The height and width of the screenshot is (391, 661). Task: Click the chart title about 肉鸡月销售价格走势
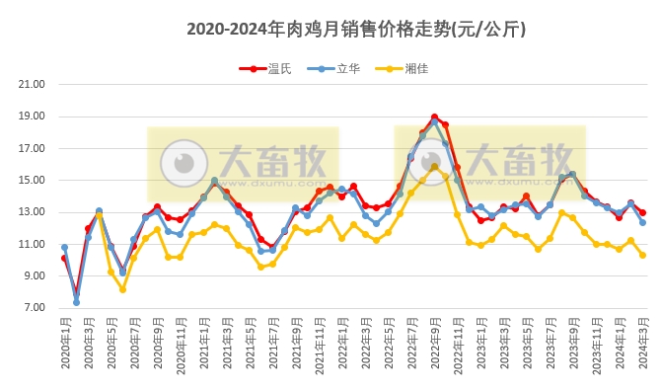355,30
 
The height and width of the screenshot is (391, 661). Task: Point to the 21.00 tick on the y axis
33,85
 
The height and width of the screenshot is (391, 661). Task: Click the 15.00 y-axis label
33,181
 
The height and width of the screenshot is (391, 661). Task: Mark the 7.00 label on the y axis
33,308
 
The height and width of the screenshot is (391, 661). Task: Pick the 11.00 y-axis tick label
33,244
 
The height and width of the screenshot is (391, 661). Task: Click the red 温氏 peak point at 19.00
434,117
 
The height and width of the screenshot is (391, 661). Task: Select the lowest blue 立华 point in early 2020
76,302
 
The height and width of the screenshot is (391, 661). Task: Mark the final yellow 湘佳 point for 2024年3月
642,255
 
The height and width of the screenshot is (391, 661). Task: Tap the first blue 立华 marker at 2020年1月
64,248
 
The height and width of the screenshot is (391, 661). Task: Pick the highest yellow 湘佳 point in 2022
434,167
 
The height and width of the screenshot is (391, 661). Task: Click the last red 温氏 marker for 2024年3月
642,212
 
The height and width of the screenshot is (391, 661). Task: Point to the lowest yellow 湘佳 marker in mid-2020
122,289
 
